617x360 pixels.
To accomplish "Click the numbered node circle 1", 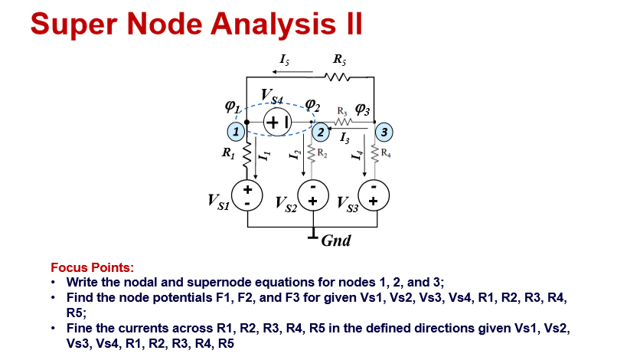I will pyautogui.click(x=237, y=132).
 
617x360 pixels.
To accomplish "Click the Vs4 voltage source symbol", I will pyautogui.click(x=278, y=121).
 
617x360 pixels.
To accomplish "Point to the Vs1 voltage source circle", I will pyautogui.click(x=248, y=195).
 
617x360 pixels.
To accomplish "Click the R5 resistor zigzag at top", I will pyautogui.click(x=338, y=76).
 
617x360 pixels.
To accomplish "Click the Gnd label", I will pyautogui.click(x=336, y=241).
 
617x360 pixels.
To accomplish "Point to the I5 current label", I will pyautogui.click(x=284, y=58).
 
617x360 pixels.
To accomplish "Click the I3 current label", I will pyautogui.click(x=344, y=139).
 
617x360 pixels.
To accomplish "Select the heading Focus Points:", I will pyautogui.click(x=92, y=267).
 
